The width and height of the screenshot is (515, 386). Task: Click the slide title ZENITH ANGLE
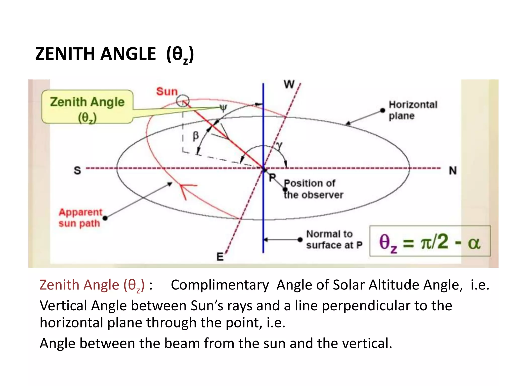pos(114,54)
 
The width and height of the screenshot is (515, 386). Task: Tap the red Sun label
pos(167,91)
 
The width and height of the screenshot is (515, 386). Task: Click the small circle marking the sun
pos(183,101)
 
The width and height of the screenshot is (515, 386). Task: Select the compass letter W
pos(289,84)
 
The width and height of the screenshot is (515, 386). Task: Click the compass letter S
pos(77,170)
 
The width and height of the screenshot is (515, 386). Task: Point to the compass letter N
pos(453,171)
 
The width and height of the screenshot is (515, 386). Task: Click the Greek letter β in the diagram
pos(196,136)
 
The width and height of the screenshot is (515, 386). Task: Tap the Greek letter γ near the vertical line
pos(279,145)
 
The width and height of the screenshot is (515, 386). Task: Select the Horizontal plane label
pos(413,110)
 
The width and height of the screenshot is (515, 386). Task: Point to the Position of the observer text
pos(313,189)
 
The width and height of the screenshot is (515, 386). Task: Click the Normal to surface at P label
pos(334,239)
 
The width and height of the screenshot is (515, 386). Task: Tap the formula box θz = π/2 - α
pos(430,241)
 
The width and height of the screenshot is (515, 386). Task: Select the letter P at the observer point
pos(272,178)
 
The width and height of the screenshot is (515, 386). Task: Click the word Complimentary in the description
pos(220,285)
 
